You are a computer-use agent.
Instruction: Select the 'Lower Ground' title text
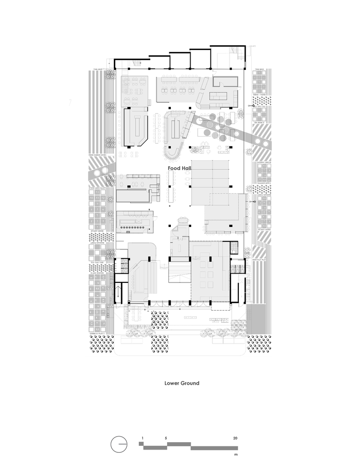(x=182, y=383)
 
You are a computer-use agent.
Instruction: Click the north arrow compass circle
(x=119, y=444)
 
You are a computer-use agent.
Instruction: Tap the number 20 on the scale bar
(x=236, y=438)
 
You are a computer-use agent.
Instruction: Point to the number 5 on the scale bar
(x=166, y=438)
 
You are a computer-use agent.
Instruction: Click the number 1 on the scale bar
(x=143, y=438)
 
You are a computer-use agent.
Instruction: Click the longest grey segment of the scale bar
(x=214, y=448)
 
